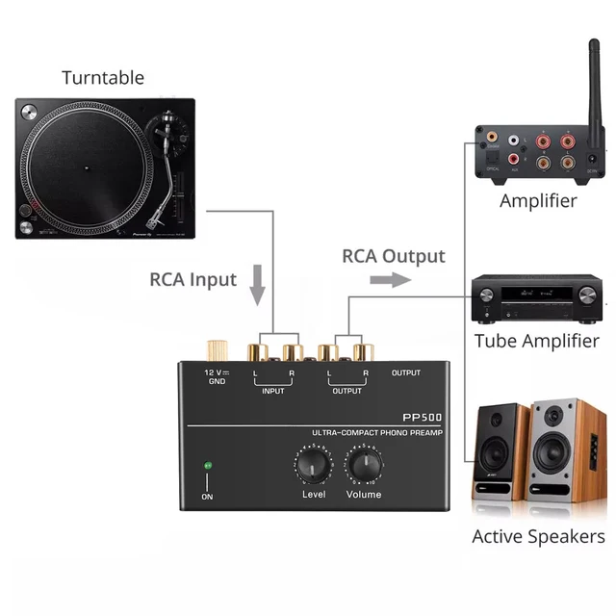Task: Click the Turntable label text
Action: click(103, 78)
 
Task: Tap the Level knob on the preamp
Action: click(313, 467)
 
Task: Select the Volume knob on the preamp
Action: click(364, 467)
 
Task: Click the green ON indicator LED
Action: click(207, 467)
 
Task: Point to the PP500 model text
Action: click(422, 419)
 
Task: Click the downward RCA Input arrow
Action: click(257, 286)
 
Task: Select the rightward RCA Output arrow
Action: click(389, 279)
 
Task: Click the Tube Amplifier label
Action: click(536, 341)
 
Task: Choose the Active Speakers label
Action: click(538, 536)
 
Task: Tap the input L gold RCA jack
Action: click(258, 350)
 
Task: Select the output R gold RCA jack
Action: click(363, 350)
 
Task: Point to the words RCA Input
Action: click(192, 280)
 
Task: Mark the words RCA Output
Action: click(394, 256)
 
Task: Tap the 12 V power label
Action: click(215, 372)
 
